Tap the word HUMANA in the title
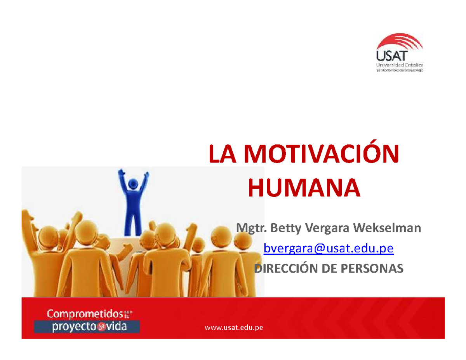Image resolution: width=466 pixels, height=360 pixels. (x=304, y=188)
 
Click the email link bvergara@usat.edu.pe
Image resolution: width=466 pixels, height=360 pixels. (x=329, y=249)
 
